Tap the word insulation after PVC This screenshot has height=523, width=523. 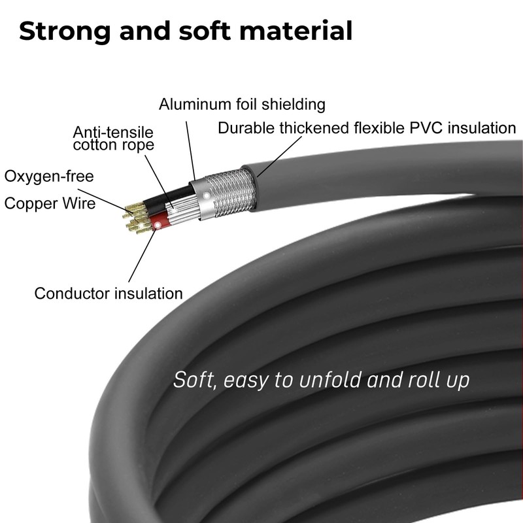(477, 128)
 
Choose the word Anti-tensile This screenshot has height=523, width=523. (113, 131)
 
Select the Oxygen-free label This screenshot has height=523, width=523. (49, 176)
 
